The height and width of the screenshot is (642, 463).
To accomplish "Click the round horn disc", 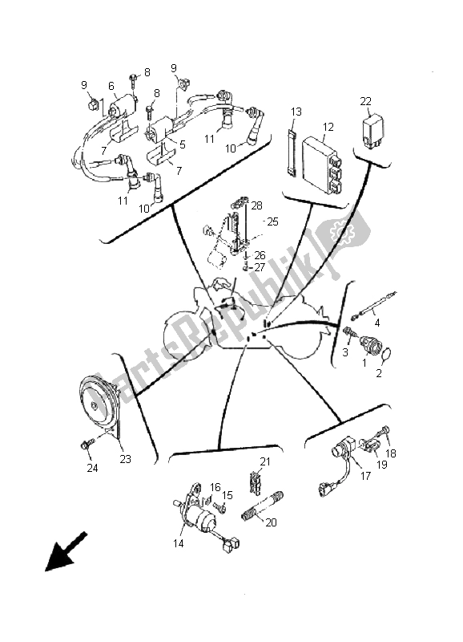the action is (99, 404).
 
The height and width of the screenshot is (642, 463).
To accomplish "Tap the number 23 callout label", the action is (125, 459).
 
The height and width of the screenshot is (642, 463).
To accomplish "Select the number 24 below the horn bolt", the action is (92, 468).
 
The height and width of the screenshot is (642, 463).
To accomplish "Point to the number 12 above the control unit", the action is (328, 127).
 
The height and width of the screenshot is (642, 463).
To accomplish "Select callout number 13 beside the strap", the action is (296, 112).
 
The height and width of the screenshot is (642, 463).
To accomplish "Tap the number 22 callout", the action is (366, 101).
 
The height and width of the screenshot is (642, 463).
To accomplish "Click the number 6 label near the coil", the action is (111, 86).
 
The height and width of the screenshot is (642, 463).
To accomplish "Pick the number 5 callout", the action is (183, 144).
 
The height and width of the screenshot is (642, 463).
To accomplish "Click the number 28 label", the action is (256, 205).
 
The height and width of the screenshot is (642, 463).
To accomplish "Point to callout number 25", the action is (272, 221).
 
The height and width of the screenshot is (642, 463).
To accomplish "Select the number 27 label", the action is (260, 267).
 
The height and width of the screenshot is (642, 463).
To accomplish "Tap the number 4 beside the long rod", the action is (376, 323).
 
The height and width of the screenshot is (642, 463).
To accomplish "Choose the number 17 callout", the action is (365, 475).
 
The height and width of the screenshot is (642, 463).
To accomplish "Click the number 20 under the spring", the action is (271, 522).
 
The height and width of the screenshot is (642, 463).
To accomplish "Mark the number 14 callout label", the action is (179, 543).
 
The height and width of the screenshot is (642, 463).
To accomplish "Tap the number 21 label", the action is (265, 461).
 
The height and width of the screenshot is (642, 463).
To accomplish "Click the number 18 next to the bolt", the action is (391, 453).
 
